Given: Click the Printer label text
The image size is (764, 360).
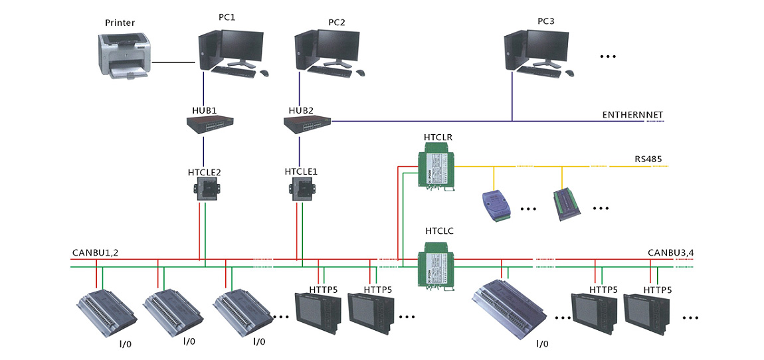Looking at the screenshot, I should tap(120, 23).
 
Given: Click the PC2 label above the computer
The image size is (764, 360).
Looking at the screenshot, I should tap(336, 23).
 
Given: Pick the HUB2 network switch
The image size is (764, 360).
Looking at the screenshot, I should tap(307, 123).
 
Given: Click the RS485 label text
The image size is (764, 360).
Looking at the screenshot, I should tap(648, 159).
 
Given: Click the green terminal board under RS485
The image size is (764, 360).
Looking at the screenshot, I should tap(567, 203).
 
